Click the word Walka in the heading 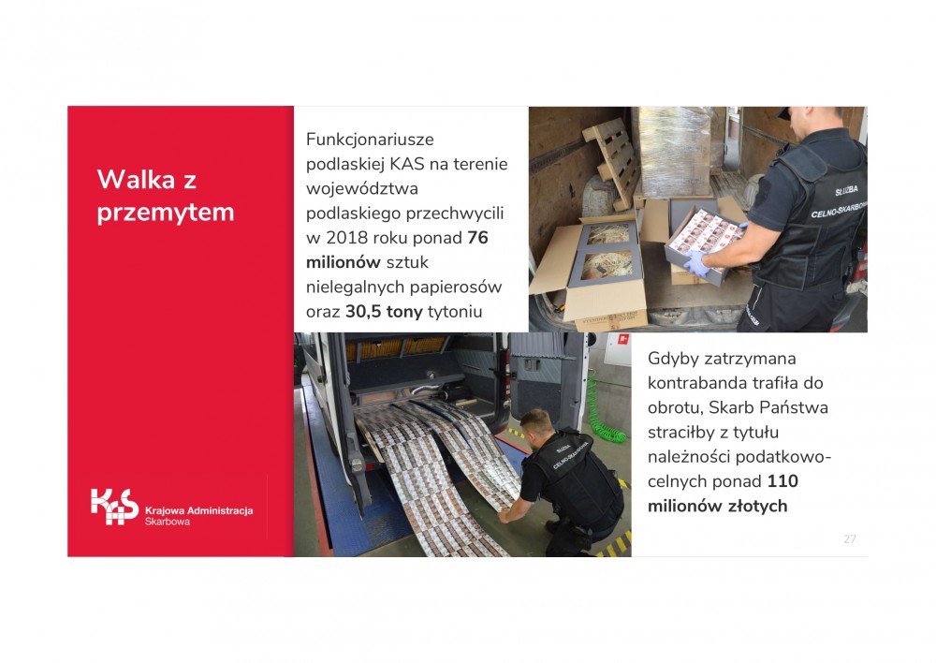[x=138, y=179]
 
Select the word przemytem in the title [x=166, y=213]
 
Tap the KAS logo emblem [x=114, y=507]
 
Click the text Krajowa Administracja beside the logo [x=198, y=510]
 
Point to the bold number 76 [x=477, y=238]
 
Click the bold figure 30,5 [x=363, y=311]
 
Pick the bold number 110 [x=782, y=481]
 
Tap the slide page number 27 [x=850, y=538]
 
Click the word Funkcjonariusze [x=370, y=140]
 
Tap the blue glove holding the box [x=697, y=263]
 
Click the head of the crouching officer [x=536, y=424]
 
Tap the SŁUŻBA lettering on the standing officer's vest [x=846, y=190]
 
